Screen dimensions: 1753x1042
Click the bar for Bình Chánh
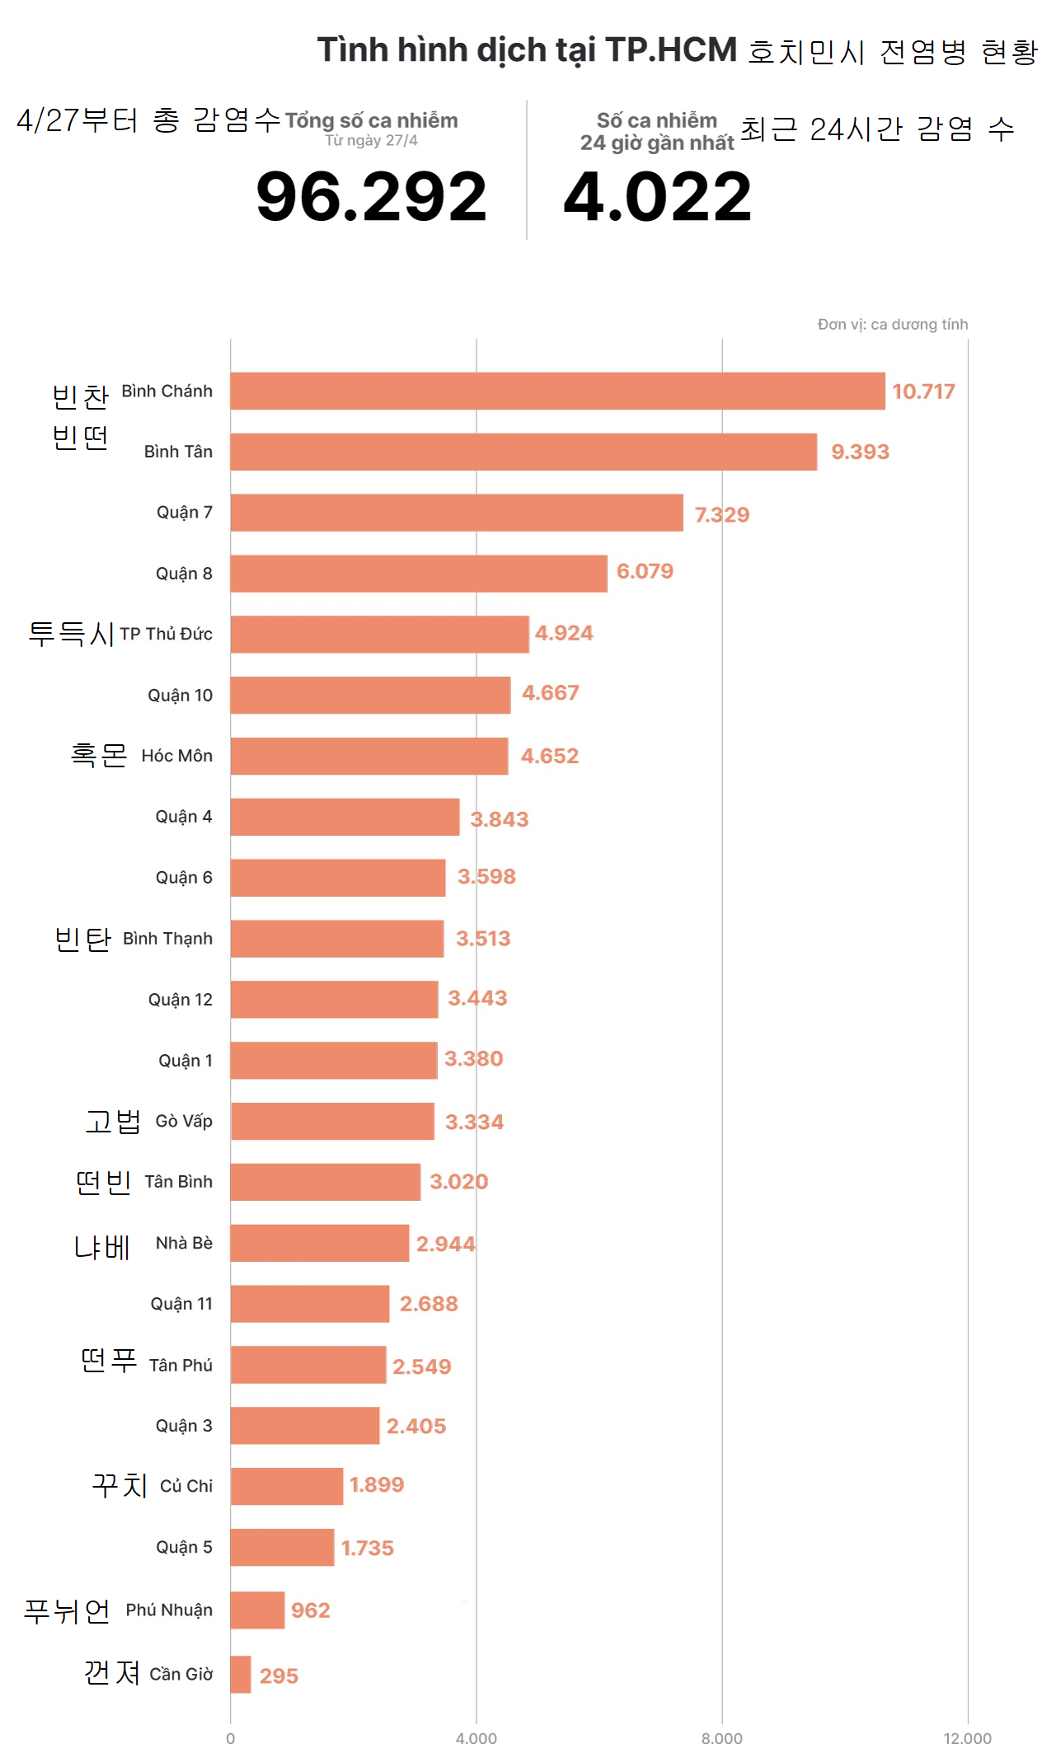click(x=557, y=391)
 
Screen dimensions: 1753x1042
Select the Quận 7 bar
click(x=456, y=513)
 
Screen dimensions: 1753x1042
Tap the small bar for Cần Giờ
click(x=240, y=1674)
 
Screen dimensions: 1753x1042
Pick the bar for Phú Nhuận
click(x=257, y=1610)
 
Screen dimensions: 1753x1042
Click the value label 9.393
click(x=860, y=452)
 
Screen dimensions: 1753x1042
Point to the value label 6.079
click(x=645, y=571)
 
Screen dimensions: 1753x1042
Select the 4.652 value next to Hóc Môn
click(x=549, y=756)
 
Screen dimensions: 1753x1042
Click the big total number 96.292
click(x=371, y=196)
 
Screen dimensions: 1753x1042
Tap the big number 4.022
click(x=657, y=196)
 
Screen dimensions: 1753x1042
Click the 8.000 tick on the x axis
click(x=721, y=1738)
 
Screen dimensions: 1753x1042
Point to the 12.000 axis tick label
click(x=967, y=1738)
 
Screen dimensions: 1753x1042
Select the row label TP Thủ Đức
click(x=166, y=634)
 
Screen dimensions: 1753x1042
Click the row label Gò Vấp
click(x=184, y=1121)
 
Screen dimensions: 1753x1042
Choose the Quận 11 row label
click(x=181, y=1303)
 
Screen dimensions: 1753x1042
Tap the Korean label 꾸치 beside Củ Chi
click(x=120, y=1484)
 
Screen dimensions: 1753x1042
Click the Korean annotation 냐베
click(x=102, y=1246)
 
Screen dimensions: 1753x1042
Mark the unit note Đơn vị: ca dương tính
click(x=892, y=324)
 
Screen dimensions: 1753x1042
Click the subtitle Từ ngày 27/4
click(x=371, y=140)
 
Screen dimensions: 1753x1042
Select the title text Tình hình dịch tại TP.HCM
click(x=527, y=49)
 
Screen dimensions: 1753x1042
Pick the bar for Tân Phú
click(x=307, y=1365)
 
